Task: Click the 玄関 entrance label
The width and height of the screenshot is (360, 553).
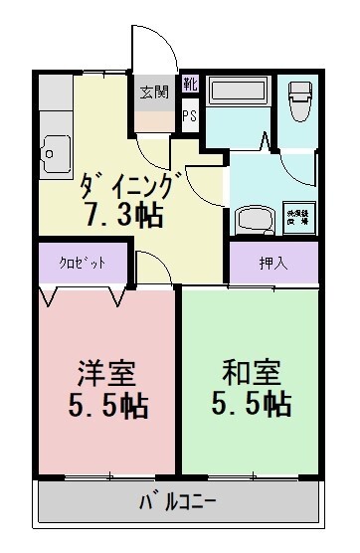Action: point(154,92)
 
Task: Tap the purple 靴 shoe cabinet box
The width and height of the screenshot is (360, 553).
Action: point(190,85)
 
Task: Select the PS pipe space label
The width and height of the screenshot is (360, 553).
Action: point(189,114)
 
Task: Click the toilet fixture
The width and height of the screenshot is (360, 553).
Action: point(298,99)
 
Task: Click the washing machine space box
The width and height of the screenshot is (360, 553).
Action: point(297,216)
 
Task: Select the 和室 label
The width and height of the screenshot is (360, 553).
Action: point(250,375)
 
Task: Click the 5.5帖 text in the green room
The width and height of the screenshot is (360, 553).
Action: point(250,405)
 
